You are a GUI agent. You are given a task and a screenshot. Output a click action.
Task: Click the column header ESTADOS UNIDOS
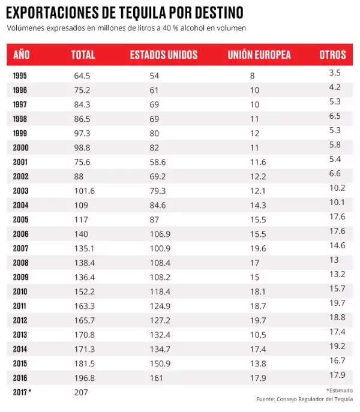tap(163, 55)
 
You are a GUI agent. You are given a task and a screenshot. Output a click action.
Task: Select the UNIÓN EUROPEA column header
tap(259, 55)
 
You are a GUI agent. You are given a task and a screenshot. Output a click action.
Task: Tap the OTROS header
tap(332, 55)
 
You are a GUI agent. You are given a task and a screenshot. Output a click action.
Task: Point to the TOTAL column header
tap(83, 55)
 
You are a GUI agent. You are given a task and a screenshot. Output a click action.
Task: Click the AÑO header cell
tap(21, 55)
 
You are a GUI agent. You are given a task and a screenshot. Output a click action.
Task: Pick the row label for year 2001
tap(20, 163)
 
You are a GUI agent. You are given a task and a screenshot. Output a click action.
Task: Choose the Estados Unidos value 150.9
tap(160, 363)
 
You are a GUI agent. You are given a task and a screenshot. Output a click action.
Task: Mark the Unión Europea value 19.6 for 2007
tap(259, 248)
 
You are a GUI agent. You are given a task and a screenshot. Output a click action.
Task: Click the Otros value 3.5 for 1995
tap(335, 73)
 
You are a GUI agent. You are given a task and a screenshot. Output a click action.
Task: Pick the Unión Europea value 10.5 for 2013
tap(259, 335)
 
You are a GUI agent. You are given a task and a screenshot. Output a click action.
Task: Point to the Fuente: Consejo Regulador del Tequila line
tap(304, 399)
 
